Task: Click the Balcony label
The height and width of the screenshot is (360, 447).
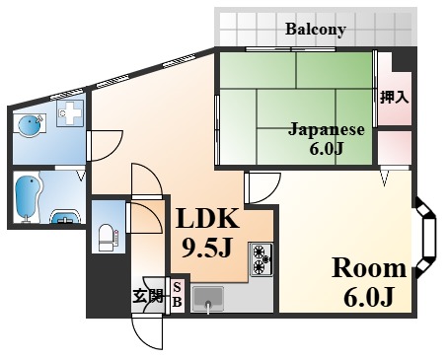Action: coord(316,30)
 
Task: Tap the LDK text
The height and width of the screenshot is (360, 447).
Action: coord(207,219)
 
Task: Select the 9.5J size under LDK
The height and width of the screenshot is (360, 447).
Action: coord(207,249)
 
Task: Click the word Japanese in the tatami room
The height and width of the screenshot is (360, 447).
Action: coord(327,130)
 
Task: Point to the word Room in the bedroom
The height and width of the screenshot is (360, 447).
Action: coord(369,268)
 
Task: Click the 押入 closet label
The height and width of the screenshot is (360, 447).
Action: coord(395,98)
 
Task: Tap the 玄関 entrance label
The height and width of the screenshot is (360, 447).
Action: coord(148,296)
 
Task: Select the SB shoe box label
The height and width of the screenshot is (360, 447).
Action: coord(177,295)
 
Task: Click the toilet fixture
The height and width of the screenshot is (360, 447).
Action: coord(107,237)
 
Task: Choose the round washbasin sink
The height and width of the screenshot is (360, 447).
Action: coord(30,126)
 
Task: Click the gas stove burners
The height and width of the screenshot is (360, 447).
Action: coord(261,259)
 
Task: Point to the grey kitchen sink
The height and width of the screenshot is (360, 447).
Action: coord(208,299)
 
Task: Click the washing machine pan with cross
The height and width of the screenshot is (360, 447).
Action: coord(69,112)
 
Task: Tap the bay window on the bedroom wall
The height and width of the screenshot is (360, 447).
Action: coord(425,237)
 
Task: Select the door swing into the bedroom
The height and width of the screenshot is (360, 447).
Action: coord(262,188)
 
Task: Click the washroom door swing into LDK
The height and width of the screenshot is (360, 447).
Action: coord(106,146)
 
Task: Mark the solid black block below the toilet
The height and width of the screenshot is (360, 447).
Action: coord(109,285)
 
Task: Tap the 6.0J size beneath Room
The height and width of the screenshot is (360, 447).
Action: coord(369,297)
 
